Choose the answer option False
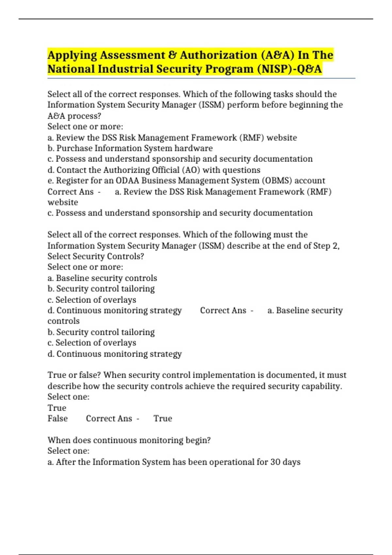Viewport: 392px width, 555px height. (57, 419)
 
